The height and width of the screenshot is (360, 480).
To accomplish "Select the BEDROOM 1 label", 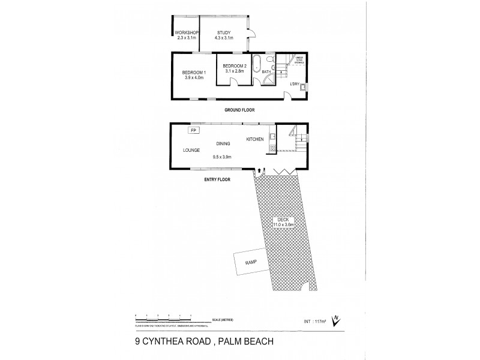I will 194,74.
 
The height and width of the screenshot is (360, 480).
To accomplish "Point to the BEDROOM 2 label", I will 234,68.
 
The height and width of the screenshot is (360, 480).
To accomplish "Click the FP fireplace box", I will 194,130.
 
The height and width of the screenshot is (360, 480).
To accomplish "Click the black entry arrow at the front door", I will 259,171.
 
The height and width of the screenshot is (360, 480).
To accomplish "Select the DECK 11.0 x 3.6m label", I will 281,221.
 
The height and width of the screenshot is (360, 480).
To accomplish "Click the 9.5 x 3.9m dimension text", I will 222,157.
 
